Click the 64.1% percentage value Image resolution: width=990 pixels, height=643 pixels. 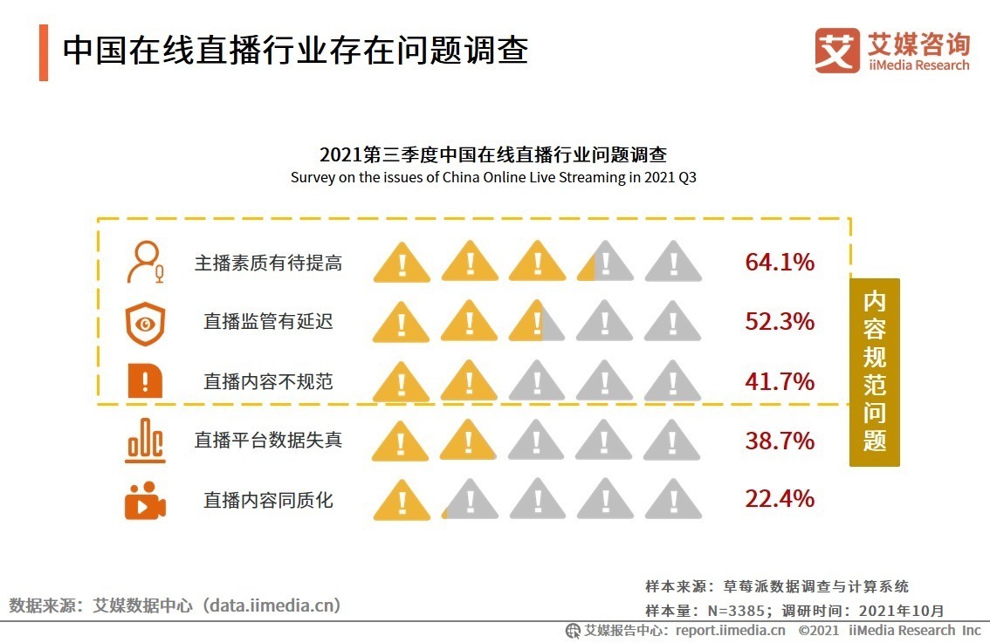779,262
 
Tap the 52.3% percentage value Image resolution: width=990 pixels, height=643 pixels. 779,322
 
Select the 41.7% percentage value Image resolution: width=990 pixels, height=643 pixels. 779,381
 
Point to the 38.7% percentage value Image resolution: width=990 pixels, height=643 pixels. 779,441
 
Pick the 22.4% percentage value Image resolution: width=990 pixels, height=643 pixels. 779,499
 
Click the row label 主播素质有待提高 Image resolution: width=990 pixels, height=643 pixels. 268,263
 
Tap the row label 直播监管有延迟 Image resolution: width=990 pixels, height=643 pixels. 268,322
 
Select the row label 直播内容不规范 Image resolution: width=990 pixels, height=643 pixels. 268,381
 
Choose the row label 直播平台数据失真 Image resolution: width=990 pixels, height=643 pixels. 268,441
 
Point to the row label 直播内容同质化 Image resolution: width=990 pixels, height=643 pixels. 268,500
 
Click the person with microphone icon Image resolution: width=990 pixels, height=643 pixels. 145,262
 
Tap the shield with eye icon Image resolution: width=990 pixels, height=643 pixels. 145,322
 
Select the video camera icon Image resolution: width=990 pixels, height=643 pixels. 145,500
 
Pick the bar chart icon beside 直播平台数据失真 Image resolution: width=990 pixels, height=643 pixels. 145,441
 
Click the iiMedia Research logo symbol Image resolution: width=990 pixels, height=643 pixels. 837,51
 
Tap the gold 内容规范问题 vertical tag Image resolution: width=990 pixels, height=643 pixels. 874,373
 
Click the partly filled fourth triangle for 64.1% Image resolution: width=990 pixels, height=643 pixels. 605,263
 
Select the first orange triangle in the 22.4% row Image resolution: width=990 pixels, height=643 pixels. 402,500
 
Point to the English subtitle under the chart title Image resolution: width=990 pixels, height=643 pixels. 493,178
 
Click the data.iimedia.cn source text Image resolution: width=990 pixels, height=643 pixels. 175,605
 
